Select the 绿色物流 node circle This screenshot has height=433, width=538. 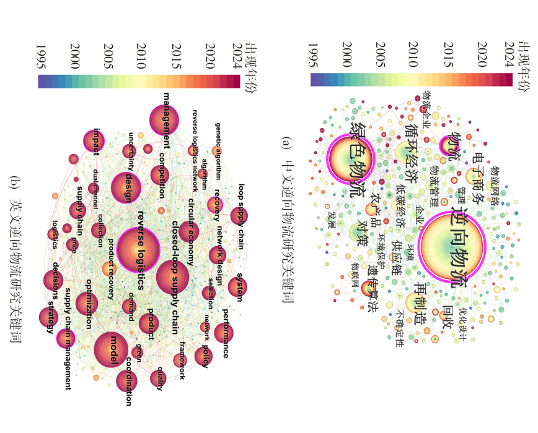(351, 160)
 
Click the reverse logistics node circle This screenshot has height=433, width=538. (141, 251)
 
